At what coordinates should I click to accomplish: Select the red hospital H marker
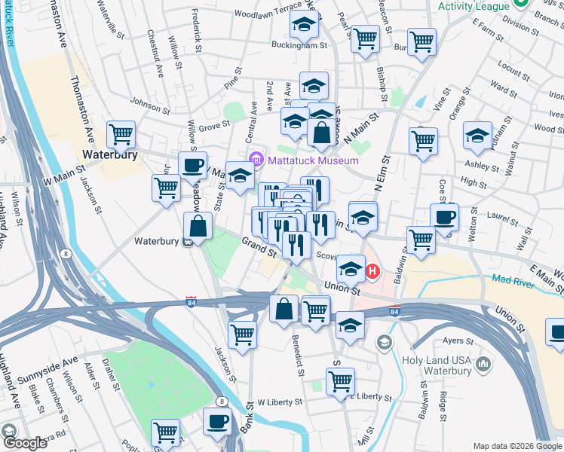pos(372,270)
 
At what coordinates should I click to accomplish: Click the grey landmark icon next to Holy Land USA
pos(483,365)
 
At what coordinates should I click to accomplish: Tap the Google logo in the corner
pos(25,442)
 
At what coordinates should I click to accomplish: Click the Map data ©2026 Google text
pos(516,446)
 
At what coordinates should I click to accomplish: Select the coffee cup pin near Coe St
pos(444,216)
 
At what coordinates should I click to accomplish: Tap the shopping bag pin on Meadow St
pos(198,225)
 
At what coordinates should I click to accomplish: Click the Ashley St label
pos(476,165)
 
